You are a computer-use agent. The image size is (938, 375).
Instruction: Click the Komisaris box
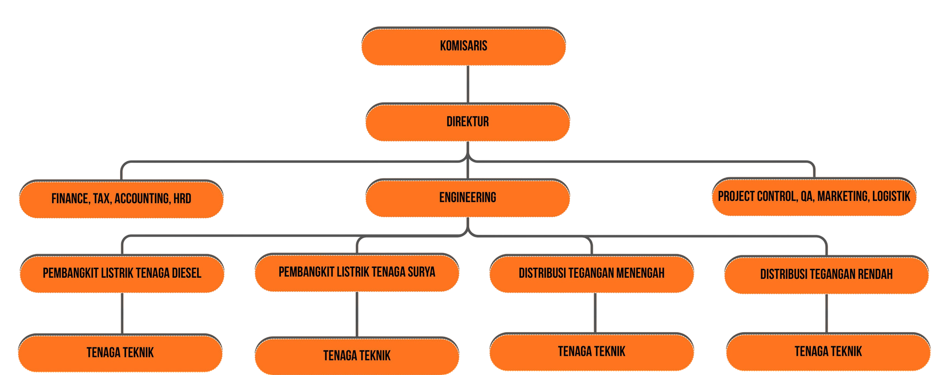coord(463,46)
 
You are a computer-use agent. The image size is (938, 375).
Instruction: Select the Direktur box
coord(467,122)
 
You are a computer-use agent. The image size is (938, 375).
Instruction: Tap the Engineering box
coord(467,197)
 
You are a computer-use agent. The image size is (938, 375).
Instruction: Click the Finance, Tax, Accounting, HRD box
coord(121,199)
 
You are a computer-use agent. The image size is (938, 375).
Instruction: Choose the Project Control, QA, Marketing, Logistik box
coord(814,196)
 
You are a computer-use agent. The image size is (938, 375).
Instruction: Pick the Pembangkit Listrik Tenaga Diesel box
coord(121,273)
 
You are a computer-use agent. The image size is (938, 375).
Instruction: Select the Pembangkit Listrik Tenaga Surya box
coord(356,272)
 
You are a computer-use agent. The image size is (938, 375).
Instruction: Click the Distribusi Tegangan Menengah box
coord(591,273)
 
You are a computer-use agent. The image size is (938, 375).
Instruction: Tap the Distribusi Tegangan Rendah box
coord(826,274)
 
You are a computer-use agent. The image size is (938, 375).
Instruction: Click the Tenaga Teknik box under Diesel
coord(120,353)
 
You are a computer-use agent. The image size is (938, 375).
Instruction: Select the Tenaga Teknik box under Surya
coord(356,356)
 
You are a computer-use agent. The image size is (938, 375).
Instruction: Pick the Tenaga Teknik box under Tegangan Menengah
coord(591,352)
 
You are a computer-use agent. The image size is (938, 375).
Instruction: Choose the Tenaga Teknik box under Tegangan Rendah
coord(828,352)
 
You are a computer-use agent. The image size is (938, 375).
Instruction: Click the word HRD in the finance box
coord(182,199)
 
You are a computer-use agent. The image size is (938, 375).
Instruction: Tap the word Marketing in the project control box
coord(842,196)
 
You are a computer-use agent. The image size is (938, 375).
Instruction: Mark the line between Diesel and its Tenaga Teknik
coord(122,313)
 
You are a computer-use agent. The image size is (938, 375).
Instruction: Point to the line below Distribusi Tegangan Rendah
coord(827,313)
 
